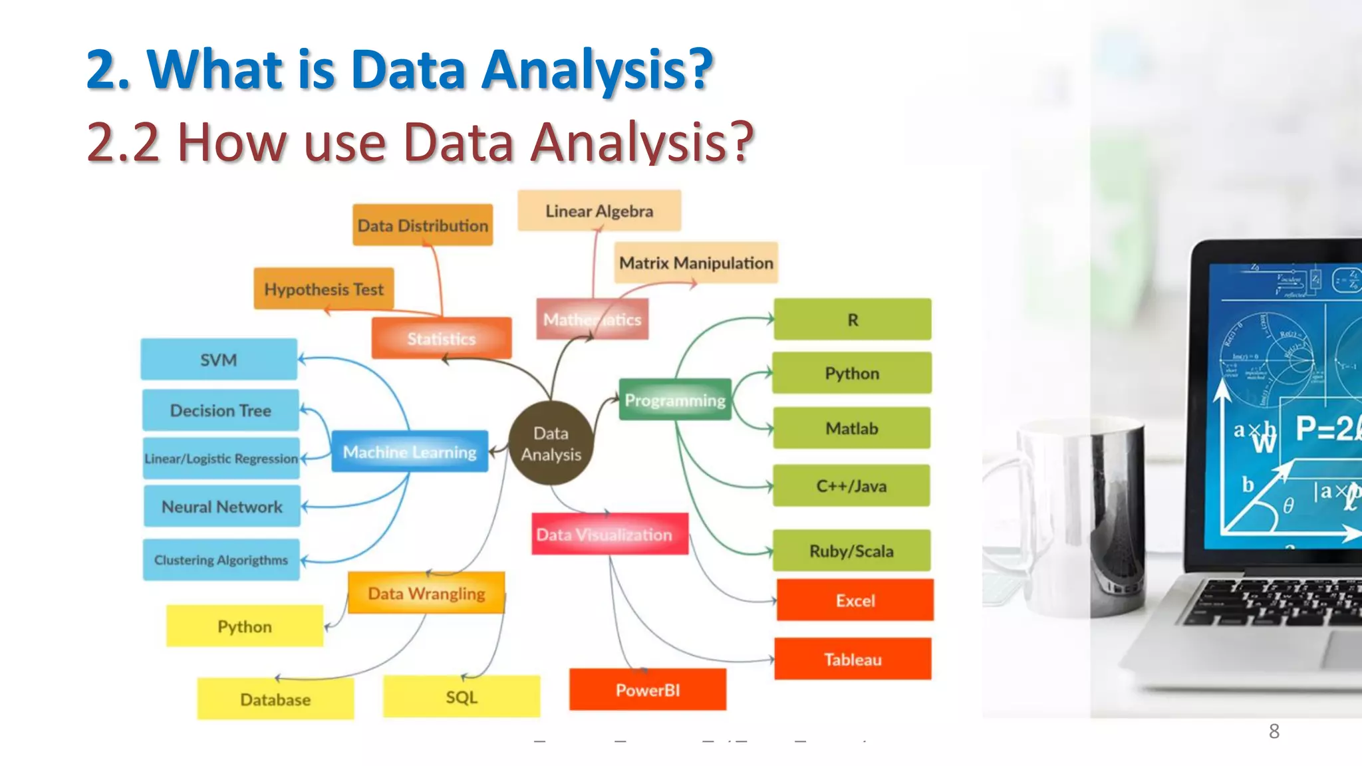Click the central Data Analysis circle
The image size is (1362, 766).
coord(551,444)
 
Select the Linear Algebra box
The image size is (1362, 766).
coord(599,211)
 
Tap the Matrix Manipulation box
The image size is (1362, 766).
coord(696,263)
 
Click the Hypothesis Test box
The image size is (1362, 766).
coord(324,289)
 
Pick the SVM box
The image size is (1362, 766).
coord(219,360)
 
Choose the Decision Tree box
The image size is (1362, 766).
coord(220,410)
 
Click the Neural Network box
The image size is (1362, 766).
coord(221,507)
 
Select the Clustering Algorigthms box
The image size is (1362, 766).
coord(221,560)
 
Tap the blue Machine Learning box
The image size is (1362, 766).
coord(410,452)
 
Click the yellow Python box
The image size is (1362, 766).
coord(244,626)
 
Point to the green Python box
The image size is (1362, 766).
coord(852,373)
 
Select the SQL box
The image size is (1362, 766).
coord(462,697)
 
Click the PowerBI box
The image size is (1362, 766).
coord(647,690)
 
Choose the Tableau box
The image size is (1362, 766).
coord(853,659)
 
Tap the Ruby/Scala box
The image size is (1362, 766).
coord(851,551)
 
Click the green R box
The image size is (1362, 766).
coord(853,320)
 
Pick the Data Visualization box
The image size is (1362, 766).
coord(609,534)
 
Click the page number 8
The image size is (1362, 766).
coord(1274,731)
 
